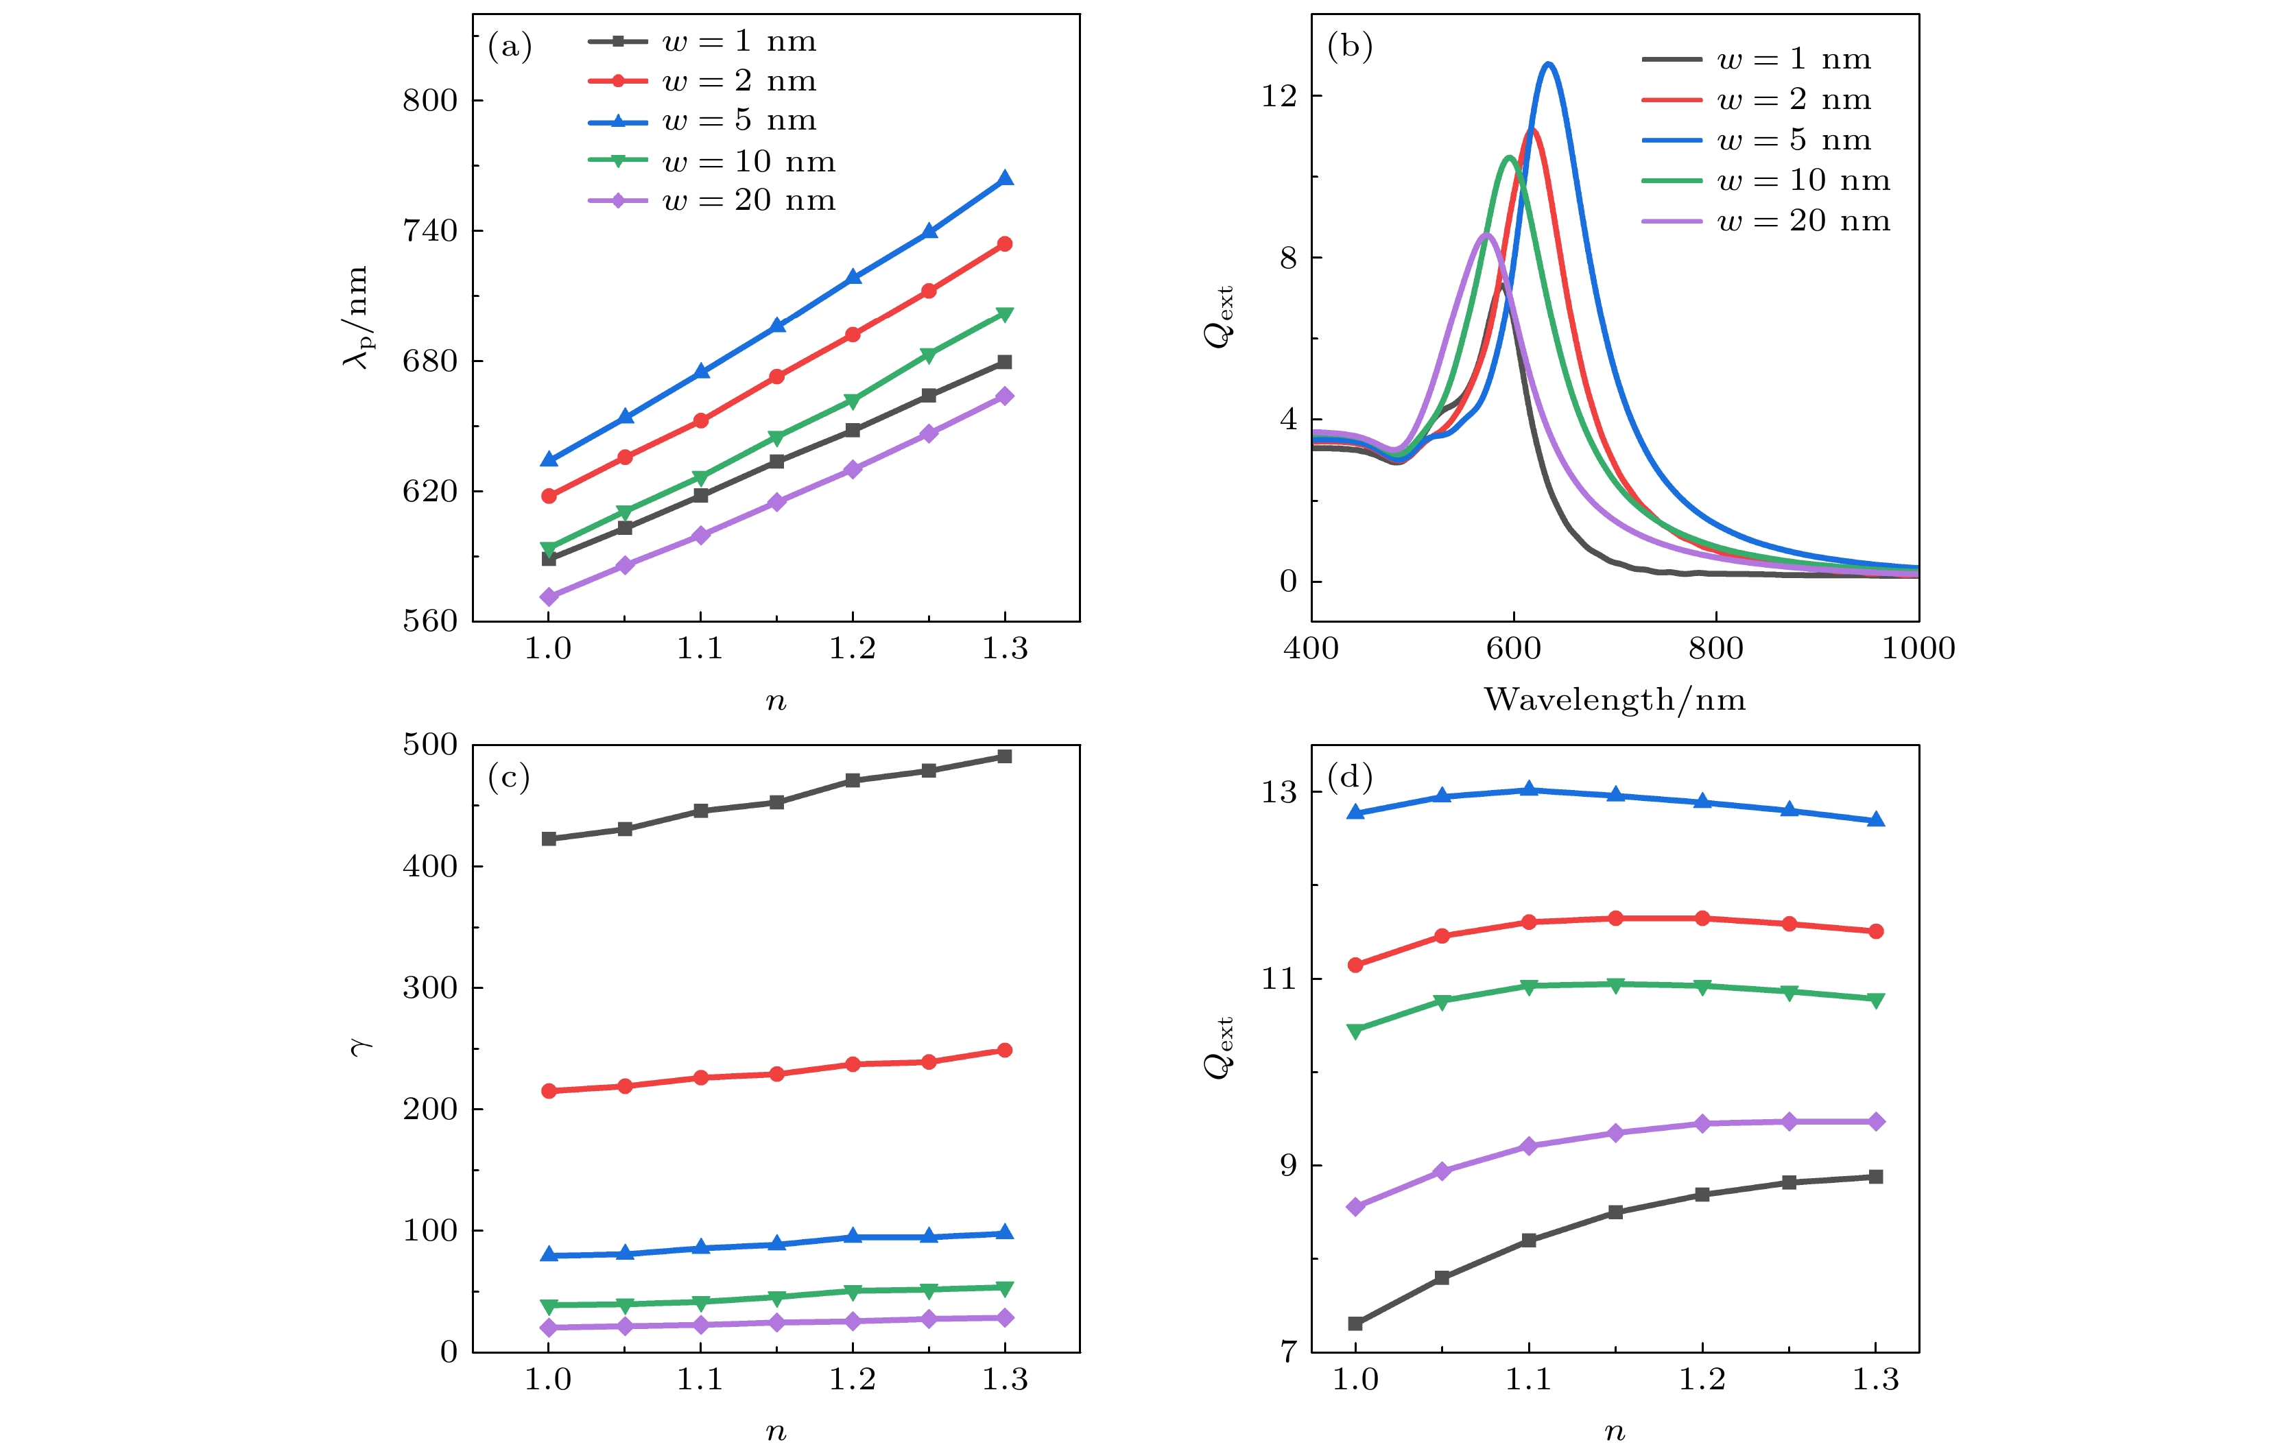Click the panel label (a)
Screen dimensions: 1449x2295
point(510,47)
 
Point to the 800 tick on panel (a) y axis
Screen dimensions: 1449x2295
point(430,100)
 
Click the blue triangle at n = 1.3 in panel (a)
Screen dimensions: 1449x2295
point(1005,179)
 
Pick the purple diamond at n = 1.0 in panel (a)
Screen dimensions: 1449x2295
point(549,597)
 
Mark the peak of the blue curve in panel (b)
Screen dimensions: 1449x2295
point(1549,64)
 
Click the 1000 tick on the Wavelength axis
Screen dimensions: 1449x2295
point(1918,649)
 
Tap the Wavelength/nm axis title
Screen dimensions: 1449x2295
point(1615,700)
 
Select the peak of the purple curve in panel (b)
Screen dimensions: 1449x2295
point(1486,235)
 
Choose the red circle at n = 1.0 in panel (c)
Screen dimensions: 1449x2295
point(549,1091)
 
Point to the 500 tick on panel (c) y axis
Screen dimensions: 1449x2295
point(430,745)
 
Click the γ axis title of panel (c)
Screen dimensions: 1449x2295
point(360,1048)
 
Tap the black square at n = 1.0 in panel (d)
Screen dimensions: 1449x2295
point(1355,1324)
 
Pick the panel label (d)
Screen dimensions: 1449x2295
point(1350,778)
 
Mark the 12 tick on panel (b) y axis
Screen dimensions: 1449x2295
point(1279,96)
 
